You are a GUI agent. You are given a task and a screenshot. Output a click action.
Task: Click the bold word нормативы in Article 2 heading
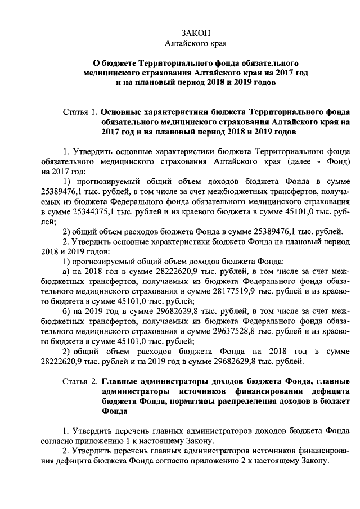point(179,402)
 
